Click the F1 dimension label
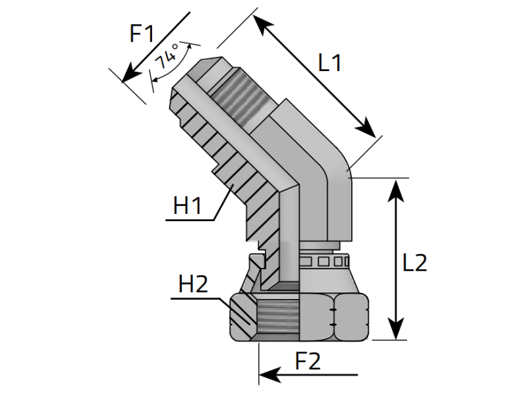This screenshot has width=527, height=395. click(x=142, y=34)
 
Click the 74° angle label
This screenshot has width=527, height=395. click(x=167, y=57)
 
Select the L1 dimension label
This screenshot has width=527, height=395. click(x=330, y=63)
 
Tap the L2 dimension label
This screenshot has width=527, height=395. click(x=415, y=263)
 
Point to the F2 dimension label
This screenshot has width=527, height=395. click(x=308, y=361)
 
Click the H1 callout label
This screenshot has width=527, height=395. click(x=187, y=205)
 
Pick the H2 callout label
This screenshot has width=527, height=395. click(x=193, y=284)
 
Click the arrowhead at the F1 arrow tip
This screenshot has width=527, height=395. click(x=129, y=74)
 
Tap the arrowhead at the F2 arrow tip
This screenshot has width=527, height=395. click(x=269, y=375)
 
